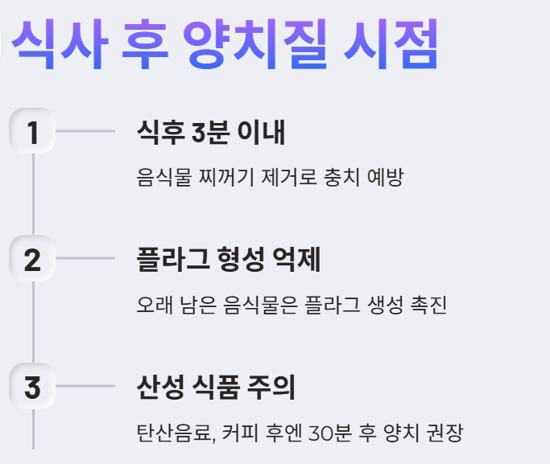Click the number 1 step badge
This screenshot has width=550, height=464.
point(32,131)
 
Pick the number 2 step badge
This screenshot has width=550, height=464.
point(32,259)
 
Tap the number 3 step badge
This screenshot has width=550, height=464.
point(32,387)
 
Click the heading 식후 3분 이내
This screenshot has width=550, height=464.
point(211,132)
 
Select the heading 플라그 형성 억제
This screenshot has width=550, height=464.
point(230,260)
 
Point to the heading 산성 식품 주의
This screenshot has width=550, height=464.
point(217,388)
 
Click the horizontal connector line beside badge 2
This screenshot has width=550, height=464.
point(85,259)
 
